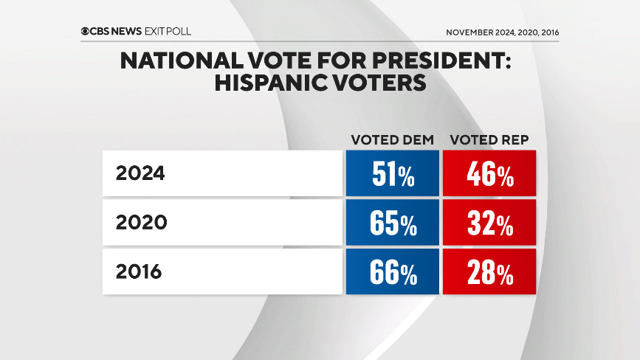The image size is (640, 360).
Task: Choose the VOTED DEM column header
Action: point(392,139)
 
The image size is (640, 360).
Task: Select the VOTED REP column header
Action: point(489,139)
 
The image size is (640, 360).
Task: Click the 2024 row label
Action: point(140,174)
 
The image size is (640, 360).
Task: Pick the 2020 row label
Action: point(140,223)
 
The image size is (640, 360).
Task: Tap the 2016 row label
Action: point(139,271)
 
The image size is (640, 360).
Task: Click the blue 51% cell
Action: point(392,174)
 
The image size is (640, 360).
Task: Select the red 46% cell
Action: point(489,174)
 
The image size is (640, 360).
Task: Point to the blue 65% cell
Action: point(392,223)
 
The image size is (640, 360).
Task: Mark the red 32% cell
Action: point(489,223)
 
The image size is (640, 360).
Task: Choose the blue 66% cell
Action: point(392,271)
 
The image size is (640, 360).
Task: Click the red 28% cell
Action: point(489,271)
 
